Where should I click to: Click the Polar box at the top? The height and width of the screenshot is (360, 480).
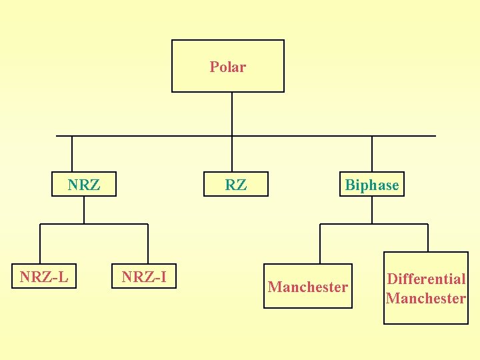[228, 66]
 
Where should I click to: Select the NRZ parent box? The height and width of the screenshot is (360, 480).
[84, 185]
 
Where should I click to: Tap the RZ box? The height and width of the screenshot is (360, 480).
[235, 185]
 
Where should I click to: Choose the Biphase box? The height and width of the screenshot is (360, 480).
[371, 185]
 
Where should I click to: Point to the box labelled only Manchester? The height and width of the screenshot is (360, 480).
[307, 287]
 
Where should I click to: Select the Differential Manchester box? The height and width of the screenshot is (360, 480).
[426, 288]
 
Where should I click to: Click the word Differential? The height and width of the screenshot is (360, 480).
[426, 279]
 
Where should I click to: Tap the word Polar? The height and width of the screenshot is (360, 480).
[228, 67]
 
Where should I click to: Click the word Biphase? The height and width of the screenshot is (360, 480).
[372, 185]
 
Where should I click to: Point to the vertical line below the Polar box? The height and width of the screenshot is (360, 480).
[231, 113]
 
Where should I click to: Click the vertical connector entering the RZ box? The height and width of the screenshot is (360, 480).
[231, 155]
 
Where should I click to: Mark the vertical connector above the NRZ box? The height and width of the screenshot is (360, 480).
[71, 155]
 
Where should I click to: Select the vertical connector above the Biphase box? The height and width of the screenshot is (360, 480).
[372, 155]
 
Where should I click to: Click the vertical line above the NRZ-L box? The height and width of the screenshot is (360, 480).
[40, 244]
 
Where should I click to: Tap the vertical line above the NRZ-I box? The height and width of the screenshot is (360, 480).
[148, 244]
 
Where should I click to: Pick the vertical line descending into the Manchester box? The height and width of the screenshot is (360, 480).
[320, 244]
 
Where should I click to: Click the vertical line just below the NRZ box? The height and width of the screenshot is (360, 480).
[84, 209]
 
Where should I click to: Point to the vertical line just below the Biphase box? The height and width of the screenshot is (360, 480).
[372, 209]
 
